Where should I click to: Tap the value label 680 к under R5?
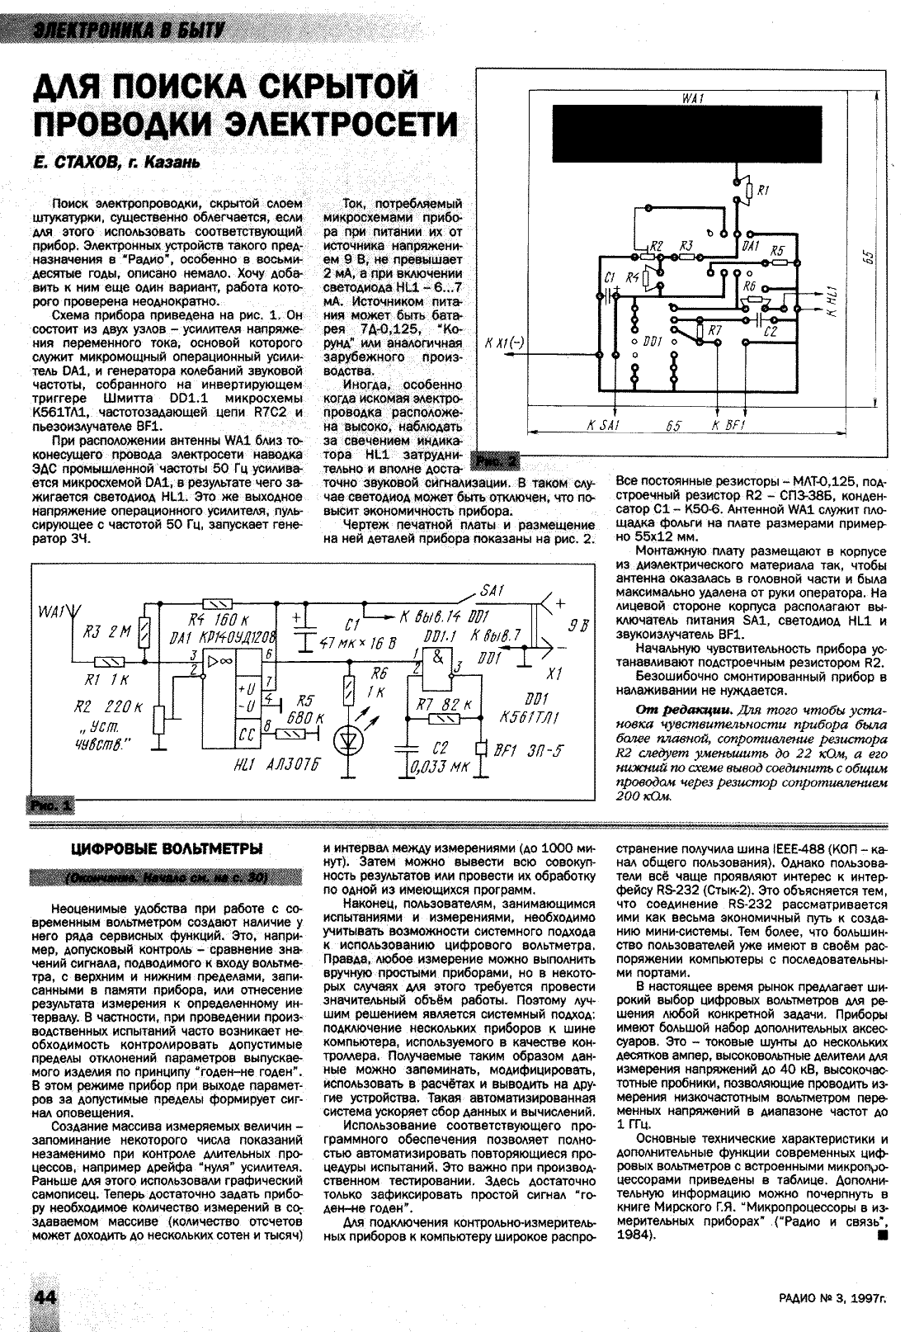click(x=302, y=717)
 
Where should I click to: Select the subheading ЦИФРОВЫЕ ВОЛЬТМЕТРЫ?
click(x=167, y=848)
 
